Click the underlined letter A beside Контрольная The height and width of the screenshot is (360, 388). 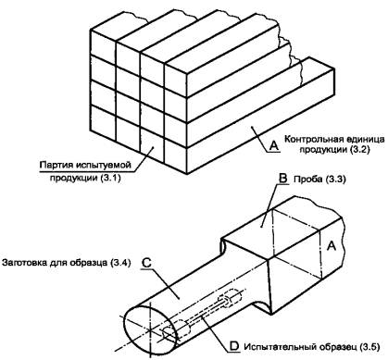pos(273,145)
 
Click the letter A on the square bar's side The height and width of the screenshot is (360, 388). pos(332,246)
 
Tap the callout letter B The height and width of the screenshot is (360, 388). pos(282,179)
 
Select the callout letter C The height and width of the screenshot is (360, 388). pos(146,262)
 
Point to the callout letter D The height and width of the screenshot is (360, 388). pos(234,346)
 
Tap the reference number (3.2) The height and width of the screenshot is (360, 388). pos(360,150)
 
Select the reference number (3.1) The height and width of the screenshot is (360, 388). pos(110,178)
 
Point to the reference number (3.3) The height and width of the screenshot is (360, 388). pos(335,180)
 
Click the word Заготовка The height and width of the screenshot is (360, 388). pos(24,263)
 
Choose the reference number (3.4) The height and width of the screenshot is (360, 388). pos(120,263)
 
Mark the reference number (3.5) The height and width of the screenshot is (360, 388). pos(369,347)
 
